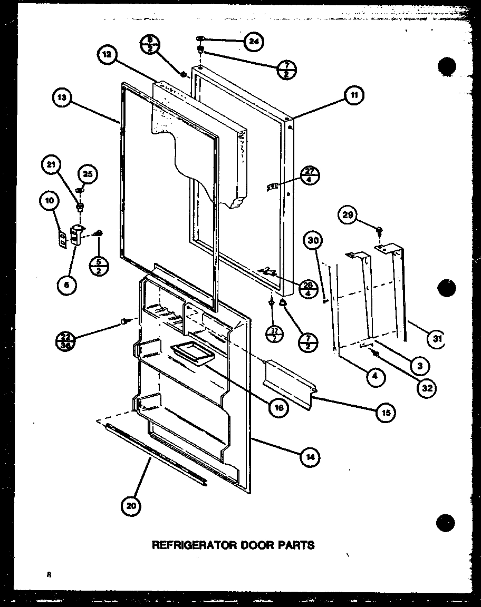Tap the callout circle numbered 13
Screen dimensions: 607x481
[62, 98]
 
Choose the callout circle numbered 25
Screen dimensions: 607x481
[87, 173]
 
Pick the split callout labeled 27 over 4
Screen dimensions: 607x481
[310, 174]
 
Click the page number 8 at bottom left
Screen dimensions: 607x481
[47, 575]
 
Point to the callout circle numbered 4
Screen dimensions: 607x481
[375, 377]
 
